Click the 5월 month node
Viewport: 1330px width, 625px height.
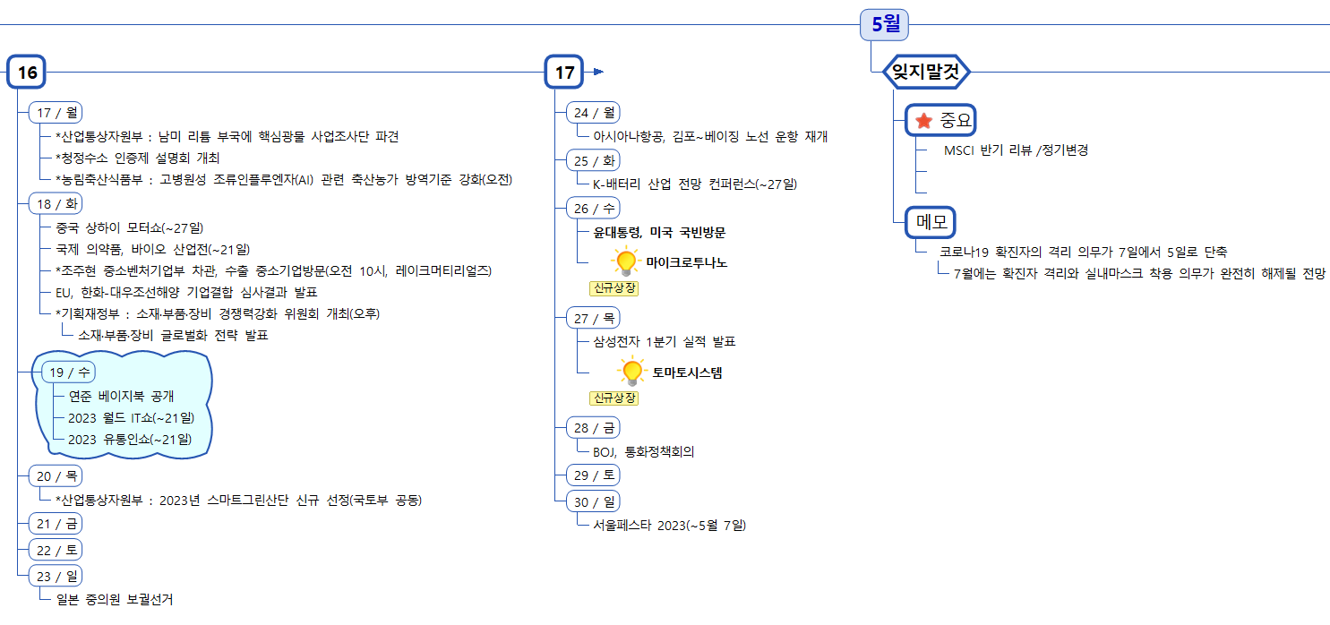(x=884, y=24)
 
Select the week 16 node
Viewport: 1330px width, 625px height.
(x=27, y=73)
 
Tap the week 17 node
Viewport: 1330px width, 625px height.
(x=564, y=73)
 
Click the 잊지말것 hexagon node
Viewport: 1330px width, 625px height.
(x=926, y=73)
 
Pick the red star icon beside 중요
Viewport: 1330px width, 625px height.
(x=923, y=120)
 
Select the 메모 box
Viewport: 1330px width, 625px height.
(x=931, y=221)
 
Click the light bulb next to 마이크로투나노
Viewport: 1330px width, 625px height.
(x=626, y=261)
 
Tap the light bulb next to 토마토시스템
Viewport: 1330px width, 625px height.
(x=632, y=371)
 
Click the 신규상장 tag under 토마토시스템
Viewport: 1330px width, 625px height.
(x=614, y=398)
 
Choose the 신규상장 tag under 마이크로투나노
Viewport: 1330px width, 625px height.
(x=614, y=288)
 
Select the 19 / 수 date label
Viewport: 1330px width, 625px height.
(x=69, y=372)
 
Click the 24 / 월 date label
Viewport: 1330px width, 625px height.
(x=593, y=113)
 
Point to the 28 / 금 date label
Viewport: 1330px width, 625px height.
(x=593, y=427)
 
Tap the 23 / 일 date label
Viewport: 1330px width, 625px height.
(x=56, y=575)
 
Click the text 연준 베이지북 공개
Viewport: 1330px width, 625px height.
(x=121, y=396)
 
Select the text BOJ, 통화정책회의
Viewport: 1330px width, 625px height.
(x=643, y=451)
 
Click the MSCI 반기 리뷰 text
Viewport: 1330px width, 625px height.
(x=1016, y=150)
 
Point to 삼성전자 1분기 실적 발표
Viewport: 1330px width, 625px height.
(x=664, y=341)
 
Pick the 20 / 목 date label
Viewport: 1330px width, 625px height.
(x=56, y=475)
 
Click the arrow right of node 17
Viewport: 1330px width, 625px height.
(x=598, y=72)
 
